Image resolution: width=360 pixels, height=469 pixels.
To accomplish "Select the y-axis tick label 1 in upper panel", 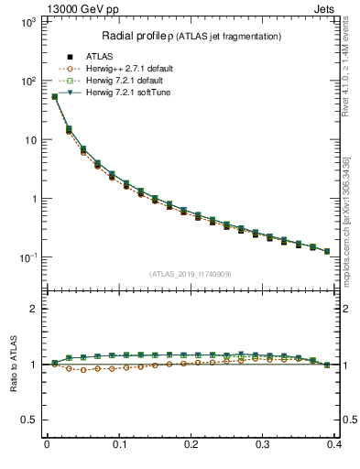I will (32, 199).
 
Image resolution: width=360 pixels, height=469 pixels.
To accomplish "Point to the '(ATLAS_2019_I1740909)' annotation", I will (191, 274).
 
